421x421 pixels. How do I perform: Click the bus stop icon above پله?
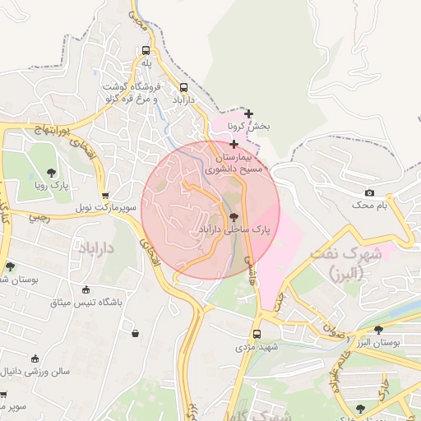click(146, 49)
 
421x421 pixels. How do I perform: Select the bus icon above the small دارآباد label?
click(183, 86)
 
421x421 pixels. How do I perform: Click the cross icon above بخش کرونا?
click(249, 113)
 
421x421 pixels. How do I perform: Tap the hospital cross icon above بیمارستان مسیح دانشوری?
click(234, 144)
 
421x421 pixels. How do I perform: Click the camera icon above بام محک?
click(369, 192)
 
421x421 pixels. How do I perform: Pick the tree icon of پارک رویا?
click(52, 173)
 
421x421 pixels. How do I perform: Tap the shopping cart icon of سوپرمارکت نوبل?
click(104, 196)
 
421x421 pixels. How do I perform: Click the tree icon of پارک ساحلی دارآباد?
click(234, 217)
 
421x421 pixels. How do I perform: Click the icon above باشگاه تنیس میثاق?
click(86, 289)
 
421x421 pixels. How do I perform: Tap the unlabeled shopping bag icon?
click(135, 333)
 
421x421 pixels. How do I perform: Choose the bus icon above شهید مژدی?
click(257, 334)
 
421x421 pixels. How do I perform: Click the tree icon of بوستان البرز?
click(377, 330)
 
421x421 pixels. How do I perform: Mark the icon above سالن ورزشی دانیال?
click(35, 358)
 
